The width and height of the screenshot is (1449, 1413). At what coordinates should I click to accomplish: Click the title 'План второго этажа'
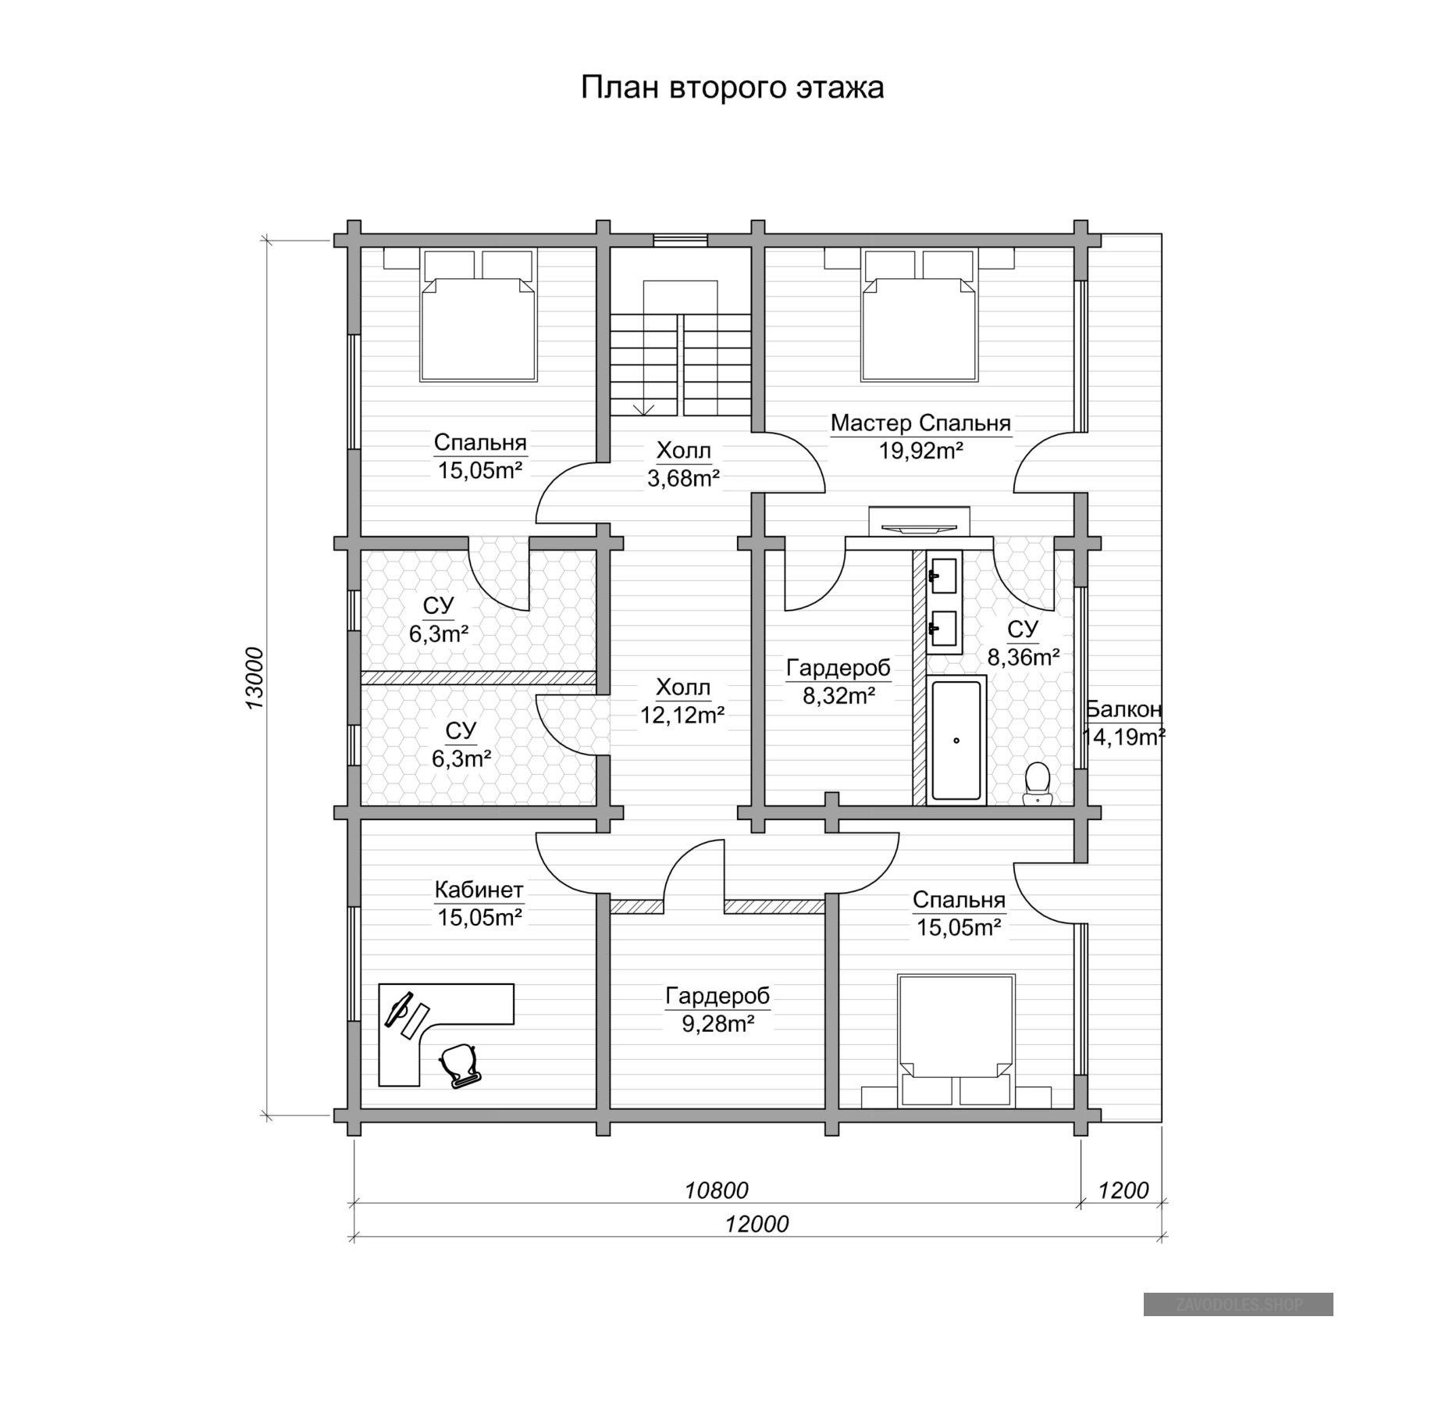click(732, 87)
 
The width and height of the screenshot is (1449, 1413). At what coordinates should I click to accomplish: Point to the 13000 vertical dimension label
click(255, 679)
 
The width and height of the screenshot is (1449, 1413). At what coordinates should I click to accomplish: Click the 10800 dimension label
click(716, 1190)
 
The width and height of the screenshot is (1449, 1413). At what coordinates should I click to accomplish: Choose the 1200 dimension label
click(1123, 1190)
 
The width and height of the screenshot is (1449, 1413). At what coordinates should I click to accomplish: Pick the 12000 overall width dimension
click(757, 1223)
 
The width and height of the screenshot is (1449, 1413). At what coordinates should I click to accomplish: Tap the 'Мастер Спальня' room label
click(920, 423)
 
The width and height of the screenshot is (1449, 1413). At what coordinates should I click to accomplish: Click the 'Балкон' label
click(1124, 709)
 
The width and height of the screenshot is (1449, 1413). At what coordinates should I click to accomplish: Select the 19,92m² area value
click(920, 451)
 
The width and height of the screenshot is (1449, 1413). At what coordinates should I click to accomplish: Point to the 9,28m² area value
click(717, 1023)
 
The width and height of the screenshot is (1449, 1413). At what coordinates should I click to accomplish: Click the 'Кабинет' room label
click(479, 890)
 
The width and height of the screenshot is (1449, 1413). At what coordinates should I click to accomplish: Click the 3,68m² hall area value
click(683, 477)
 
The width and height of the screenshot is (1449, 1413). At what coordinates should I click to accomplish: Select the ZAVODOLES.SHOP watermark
click(1238, 1304)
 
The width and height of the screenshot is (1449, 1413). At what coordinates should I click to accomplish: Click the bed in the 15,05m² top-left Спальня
click(479, 316)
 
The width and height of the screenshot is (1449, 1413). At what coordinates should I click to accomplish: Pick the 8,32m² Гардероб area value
click(838, 695)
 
